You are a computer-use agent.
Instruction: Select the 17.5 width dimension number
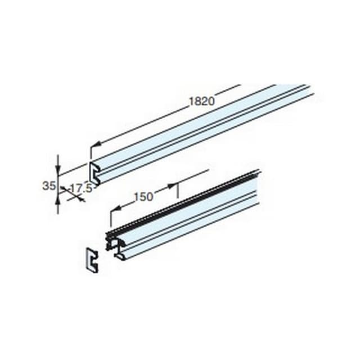pyautogui.click(x=81, y=188)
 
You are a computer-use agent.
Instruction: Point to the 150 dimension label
pyautogui.click(x=143, y=197)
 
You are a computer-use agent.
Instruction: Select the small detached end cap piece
pyautogui.click(x=92, y=259)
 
